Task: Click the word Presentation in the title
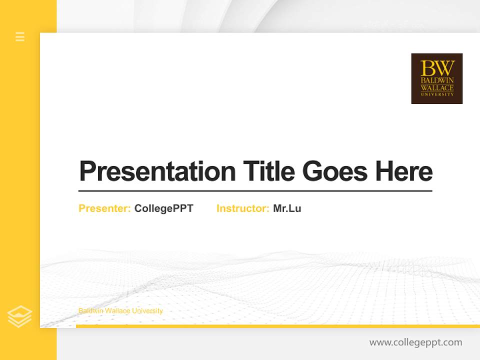[x=157, y=171]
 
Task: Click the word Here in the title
[x=403, y=171]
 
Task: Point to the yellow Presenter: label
[x=104, y=208]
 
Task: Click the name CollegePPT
[x=163, y=208]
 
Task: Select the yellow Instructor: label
[x=242, y=208]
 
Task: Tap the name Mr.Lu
[x=287, y=208]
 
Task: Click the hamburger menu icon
[x=20, y=36]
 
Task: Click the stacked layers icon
[x=20, y=316]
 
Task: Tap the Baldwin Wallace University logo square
[x=436, y=78]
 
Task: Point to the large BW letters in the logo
[x=437, y=67]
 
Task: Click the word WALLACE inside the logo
[x=437, y=87]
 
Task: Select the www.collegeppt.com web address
[x=415, y=342]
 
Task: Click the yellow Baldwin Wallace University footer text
[x=120, y=311]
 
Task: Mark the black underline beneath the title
[x=255, y=190]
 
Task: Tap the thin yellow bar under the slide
[x=277, y=326]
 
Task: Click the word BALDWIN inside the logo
[x=437, y=80]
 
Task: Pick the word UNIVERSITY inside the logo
[x=437, y=93]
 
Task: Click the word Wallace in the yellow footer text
[x=115, y=311]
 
